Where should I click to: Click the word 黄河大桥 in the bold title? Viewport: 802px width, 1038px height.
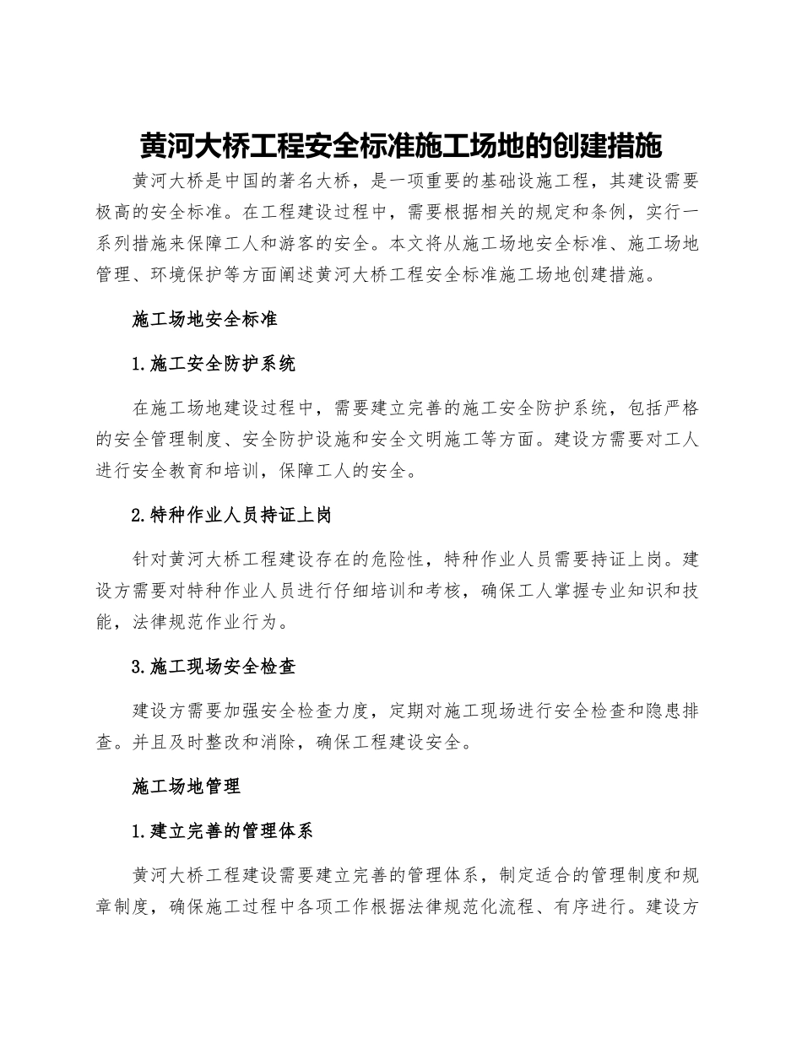[182, 145]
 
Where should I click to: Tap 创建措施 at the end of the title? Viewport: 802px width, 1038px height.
[620, 145]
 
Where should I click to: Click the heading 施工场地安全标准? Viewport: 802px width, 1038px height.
[205, 321]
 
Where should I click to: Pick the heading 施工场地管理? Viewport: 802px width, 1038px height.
[187, 787]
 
